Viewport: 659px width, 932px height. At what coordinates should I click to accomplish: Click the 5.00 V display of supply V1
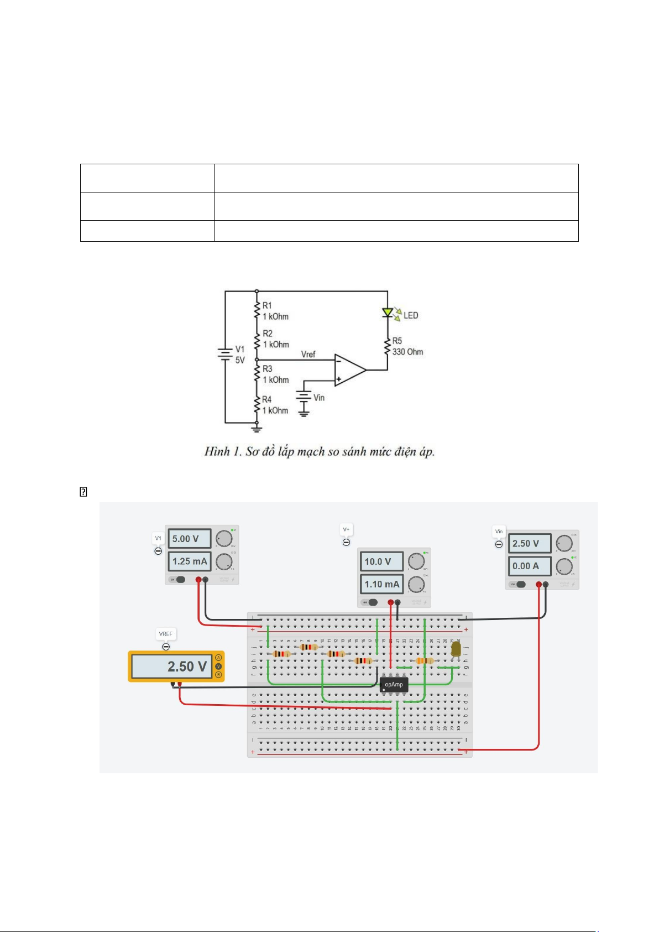[x=189, y=539]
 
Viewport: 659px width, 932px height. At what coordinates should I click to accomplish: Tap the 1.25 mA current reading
[x=189, y=561]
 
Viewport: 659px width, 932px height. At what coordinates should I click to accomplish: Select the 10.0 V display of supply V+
[x=381, y=561]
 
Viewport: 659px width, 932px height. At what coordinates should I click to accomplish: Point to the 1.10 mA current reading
[x=381, y=584]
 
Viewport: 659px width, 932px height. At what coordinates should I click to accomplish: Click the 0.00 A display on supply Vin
[x=529, y=566]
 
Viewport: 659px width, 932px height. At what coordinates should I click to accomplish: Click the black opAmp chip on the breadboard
[x=394, y=685]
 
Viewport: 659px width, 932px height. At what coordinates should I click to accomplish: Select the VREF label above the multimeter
[x=165, y=634]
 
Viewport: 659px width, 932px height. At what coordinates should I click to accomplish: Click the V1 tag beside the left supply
[x=158, y=538]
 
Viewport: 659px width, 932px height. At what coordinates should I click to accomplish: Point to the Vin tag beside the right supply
[x=499, y=532]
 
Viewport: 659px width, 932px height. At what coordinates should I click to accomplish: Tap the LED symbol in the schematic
[x=388, y=313]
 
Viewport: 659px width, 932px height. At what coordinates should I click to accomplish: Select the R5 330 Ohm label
[x=407, y=346]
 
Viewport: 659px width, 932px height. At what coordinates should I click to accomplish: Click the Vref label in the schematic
[x=308, y=354]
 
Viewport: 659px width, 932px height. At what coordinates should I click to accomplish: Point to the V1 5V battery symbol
[x=225, y=354]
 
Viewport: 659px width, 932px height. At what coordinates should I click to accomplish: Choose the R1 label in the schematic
[x=267, y=305]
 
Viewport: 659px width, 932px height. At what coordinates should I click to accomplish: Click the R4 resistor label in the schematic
[x=266, y=399]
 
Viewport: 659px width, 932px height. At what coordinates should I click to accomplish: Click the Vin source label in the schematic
[x=319, y=398]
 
